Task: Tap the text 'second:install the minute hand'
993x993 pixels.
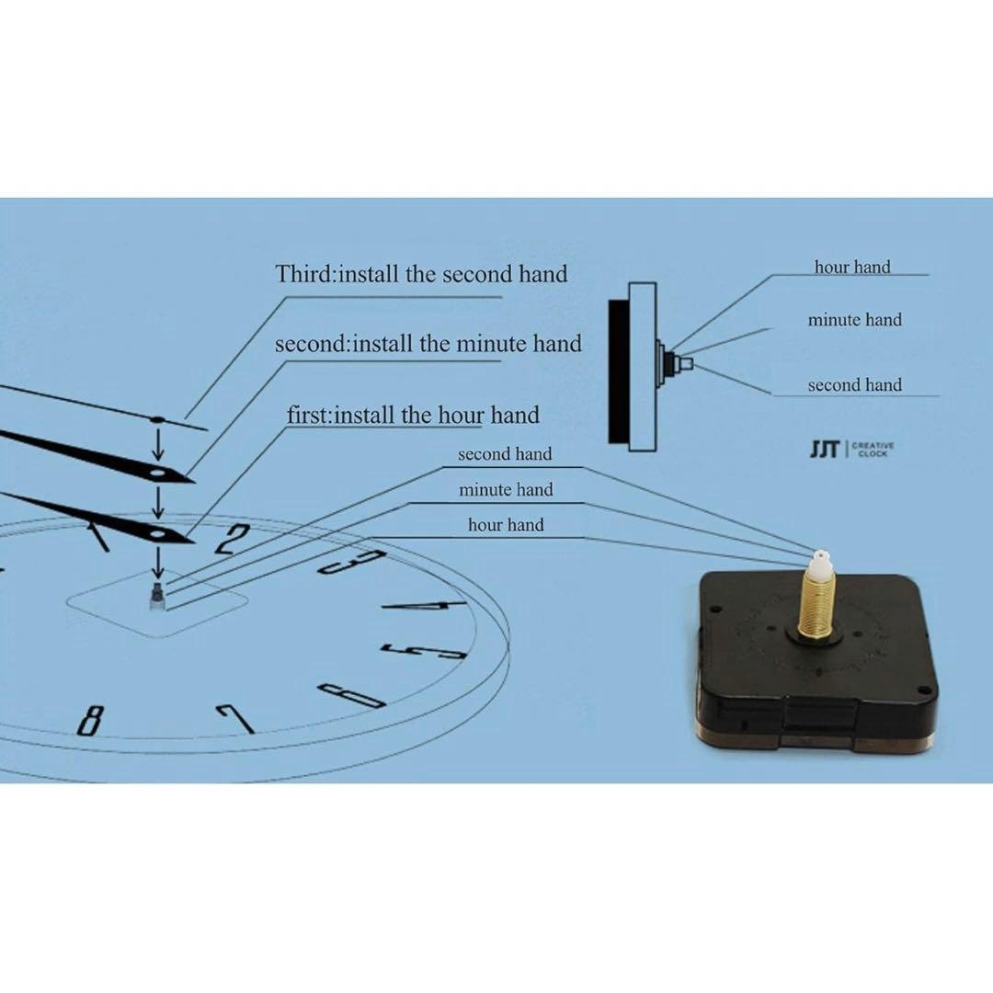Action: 428,344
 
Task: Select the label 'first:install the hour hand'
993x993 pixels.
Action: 413,415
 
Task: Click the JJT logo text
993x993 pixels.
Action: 824,449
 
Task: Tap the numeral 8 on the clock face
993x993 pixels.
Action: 90,719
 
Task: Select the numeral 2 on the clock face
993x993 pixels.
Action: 231,539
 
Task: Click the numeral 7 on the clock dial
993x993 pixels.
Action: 235,717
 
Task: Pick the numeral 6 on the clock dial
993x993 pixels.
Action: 350,695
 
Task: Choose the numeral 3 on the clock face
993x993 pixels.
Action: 352,562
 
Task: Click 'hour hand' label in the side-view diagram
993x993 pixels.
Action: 852,267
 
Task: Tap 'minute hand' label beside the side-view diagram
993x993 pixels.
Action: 855,320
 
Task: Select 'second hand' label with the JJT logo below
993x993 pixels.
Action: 855,384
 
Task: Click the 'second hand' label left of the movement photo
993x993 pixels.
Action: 505,453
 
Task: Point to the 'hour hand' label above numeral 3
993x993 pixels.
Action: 506,524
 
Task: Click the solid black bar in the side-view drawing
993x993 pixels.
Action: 618,371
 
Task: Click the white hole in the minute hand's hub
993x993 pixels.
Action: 158,474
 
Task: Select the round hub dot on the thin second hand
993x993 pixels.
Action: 157,419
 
